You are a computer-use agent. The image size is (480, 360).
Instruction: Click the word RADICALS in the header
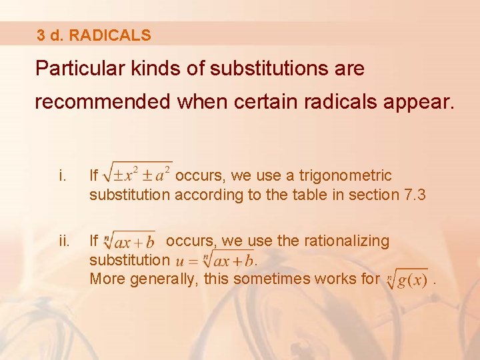pyautogui.click(x=110, y=35)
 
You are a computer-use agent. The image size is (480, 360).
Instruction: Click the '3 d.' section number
pyautogui.click(x=51, y=35)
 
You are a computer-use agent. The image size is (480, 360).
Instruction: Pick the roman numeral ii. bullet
pyautogui.click(x=63, y=241)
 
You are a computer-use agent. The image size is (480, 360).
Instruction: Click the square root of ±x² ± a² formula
pyautogui.click(x=139, y=175)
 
